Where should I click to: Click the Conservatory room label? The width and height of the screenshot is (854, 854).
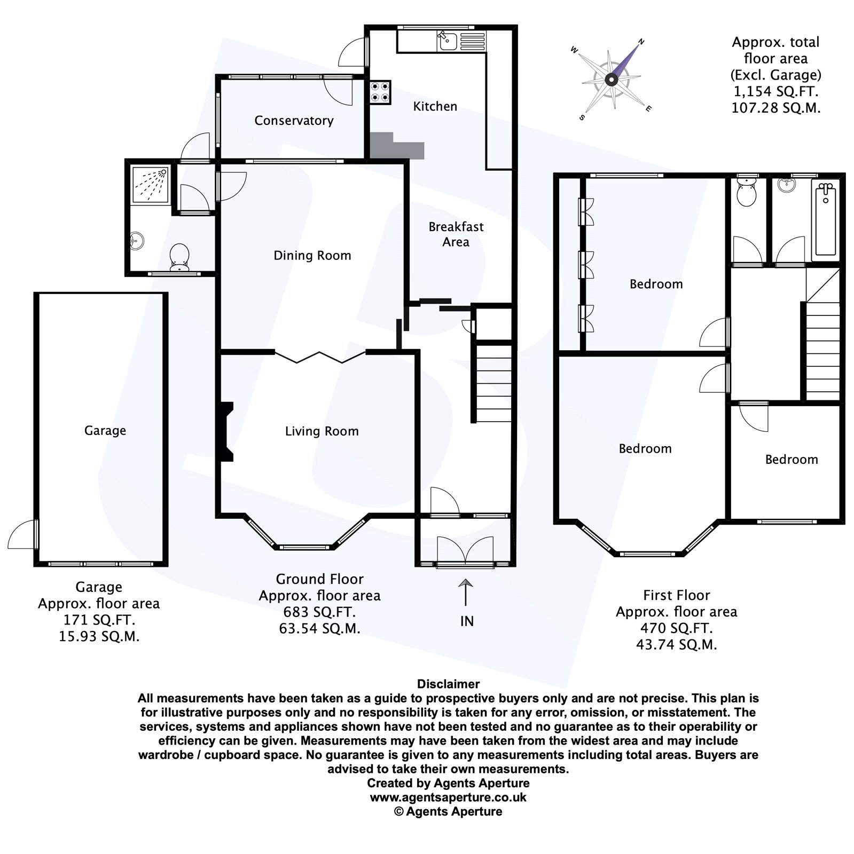[x=294, y=121]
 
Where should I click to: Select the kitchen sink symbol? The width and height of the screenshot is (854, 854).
[x=446, y=39]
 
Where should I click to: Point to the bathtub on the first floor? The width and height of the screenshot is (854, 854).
[x=825, y=220]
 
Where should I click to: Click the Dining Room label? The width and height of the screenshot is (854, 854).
[x=312, y=256]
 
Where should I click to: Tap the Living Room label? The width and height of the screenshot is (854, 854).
[x=322, y=431]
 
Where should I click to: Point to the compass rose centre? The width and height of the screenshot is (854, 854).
[x=611, y=80]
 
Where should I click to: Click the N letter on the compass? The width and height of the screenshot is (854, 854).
[x=642, y=42]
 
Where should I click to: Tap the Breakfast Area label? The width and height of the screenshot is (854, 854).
[x=456, y=234]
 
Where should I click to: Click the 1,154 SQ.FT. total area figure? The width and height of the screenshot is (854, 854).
[x=775, y=91]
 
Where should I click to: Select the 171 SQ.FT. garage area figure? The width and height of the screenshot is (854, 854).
[x=99, y=620]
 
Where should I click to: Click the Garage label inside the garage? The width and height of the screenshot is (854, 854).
[x=105, y=431]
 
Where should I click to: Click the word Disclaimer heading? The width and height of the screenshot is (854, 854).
[x=448, y=684]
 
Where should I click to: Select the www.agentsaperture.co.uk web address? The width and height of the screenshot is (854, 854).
[x=448, y=797]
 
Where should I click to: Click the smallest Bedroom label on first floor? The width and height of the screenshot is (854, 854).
[x=791, y=460]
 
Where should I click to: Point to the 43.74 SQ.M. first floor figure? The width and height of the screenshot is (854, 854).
[x=676, y=645]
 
